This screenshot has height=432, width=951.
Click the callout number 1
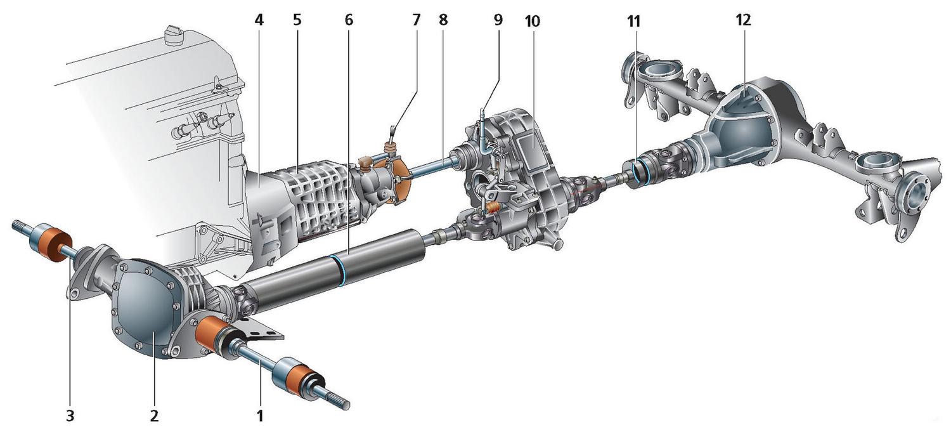(259, 416)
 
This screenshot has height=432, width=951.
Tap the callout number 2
(153, 416)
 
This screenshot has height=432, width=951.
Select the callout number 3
(70, 416)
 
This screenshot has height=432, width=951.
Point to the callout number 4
(259, 20)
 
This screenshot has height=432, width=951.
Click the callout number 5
(297, 20)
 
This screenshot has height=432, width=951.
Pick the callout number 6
(349, 20)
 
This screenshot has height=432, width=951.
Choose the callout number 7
(416, 20)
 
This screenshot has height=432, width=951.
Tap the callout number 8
(443, 20)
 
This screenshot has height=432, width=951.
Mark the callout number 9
(498, 20)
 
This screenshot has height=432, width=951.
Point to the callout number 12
(743, 20)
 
